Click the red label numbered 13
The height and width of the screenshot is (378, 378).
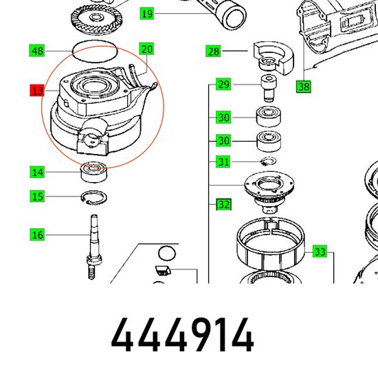coord(37,90)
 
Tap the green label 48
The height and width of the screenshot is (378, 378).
coord(37,51)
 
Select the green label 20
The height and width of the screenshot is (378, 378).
coord(146,49)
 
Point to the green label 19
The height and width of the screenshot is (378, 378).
coord(147,13)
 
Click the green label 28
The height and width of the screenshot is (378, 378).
coord(213,51)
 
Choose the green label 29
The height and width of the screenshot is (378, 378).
coord(223,84)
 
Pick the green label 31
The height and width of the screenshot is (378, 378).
coord(223,162)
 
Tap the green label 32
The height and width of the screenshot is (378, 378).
coord(224,204)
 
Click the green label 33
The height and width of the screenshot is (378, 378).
coord(320,252)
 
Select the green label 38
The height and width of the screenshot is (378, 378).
coord(304,87)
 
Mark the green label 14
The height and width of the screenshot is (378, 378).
coord(37,172)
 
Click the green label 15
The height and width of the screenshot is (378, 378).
coord(37,196)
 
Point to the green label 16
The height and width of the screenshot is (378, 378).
coord(37,234)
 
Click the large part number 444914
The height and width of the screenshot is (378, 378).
coord(182,335)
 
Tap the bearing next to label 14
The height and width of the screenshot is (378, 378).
coord(94,172)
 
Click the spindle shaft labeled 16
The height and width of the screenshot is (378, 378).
coord(94,247)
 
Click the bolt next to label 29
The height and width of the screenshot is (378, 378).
coord(269,89)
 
